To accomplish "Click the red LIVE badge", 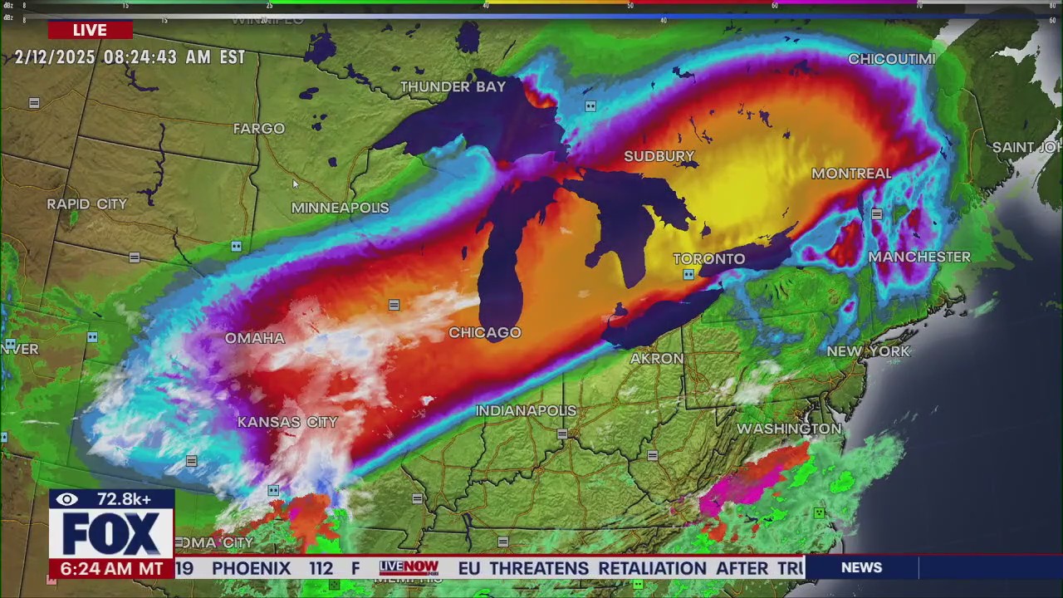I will [90, 30].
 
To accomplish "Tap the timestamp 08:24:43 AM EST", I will [174, 57].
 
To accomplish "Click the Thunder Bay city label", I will [453, 86].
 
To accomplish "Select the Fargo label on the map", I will [258, 129].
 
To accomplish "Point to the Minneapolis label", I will [340, 208].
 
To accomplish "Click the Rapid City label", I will [87, 204].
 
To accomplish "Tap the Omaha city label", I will [255, 338].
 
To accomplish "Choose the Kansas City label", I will [287, 422].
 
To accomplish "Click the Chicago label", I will [485, 332].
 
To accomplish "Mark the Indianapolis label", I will [526, 410].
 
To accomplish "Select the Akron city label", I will [657, 359].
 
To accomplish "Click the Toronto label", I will [708, 259].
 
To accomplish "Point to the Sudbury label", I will [659, 156].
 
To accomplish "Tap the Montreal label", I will [851, 174].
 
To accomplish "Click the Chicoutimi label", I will [891, 59].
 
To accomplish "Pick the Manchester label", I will [918, 257].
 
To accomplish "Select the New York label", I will [869, 351].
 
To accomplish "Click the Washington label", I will [789, 429].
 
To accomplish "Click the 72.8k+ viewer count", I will [124, 499].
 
